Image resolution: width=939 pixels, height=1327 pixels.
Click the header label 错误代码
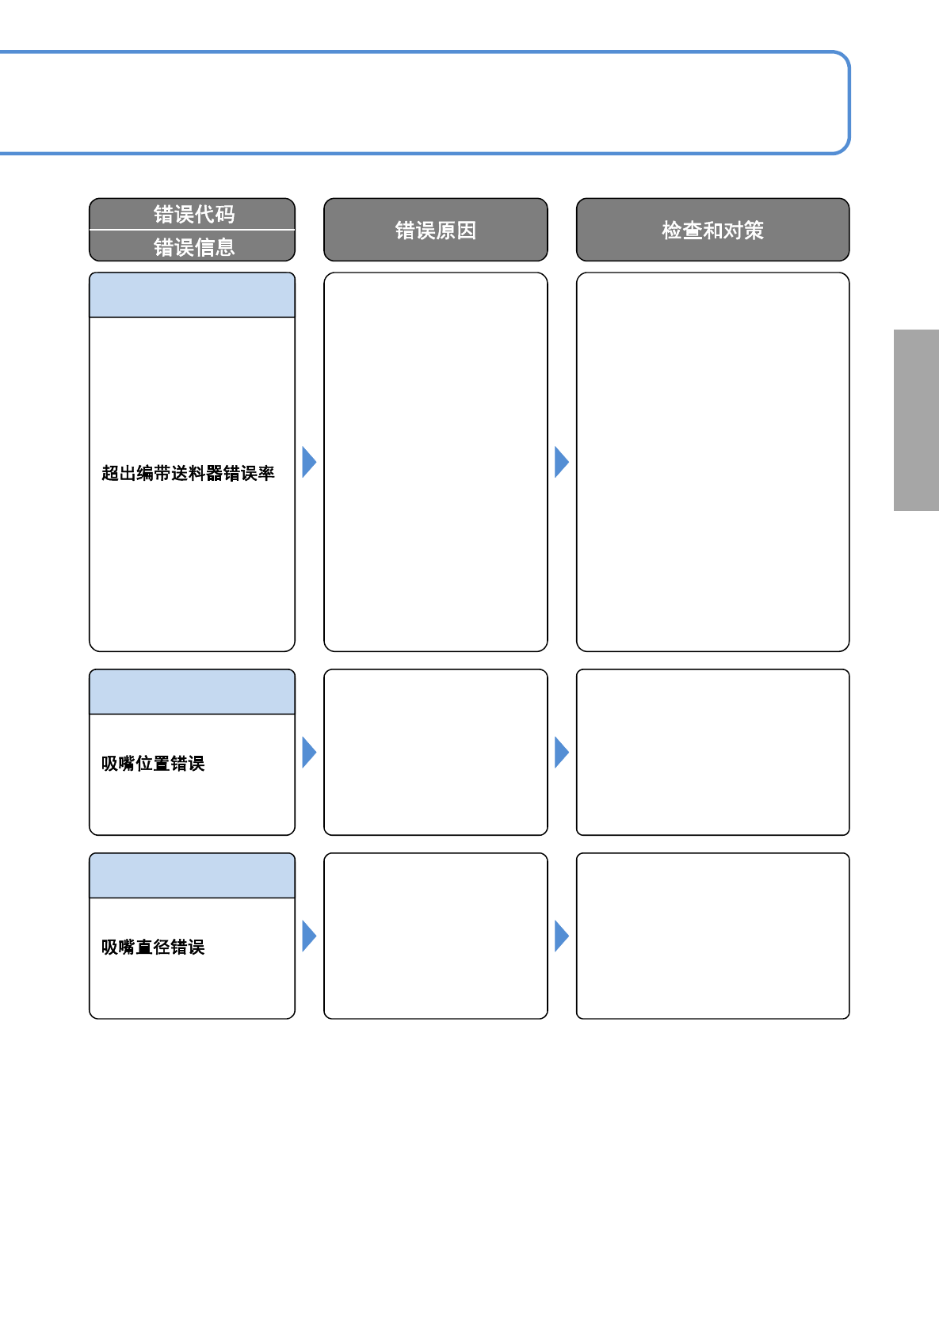tap(194, 214)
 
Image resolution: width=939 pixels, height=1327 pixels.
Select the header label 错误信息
tap(194, 247)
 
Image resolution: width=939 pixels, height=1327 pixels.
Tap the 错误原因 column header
tap(436, 230)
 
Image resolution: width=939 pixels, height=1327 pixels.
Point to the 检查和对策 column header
tap(712, 230)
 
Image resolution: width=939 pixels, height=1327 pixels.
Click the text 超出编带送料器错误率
tap(188, 473)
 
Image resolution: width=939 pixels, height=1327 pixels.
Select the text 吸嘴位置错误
tap(153, 763)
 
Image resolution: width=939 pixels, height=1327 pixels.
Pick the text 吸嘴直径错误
tap(153, 947)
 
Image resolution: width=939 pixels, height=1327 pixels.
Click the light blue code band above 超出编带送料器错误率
tap(192, 295)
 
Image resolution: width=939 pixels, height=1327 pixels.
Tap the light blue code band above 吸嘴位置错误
tap(192, 692)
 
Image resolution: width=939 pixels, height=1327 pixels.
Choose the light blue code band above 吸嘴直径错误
tap(192, 875)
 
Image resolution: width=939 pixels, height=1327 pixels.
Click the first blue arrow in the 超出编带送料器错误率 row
tap(309, 462)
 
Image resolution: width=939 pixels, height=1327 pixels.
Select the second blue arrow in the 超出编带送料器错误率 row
tap(562, 462)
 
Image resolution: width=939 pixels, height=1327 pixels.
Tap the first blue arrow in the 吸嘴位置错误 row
tap(309, 753)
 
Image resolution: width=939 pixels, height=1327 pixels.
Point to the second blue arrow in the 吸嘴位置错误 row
tap(562, 753)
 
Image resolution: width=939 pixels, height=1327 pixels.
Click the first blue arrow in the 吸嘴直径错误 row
tap(309, 936)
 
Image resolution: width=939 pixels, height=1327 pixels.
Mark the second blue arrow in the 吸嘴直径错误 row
tap(562, 936)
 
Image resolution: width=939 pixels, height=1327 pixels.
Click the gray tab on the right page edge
tap(916, 420)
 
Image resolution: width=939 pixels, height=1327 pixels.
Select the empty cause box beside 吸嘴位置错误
tap(436, 753)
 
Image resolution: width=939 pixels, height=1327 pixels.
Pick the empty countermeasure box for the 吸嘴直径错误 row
tap(712, 936)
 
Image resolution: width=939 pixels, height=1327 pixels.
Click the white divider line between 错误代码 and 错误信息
tap(192, 229)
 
